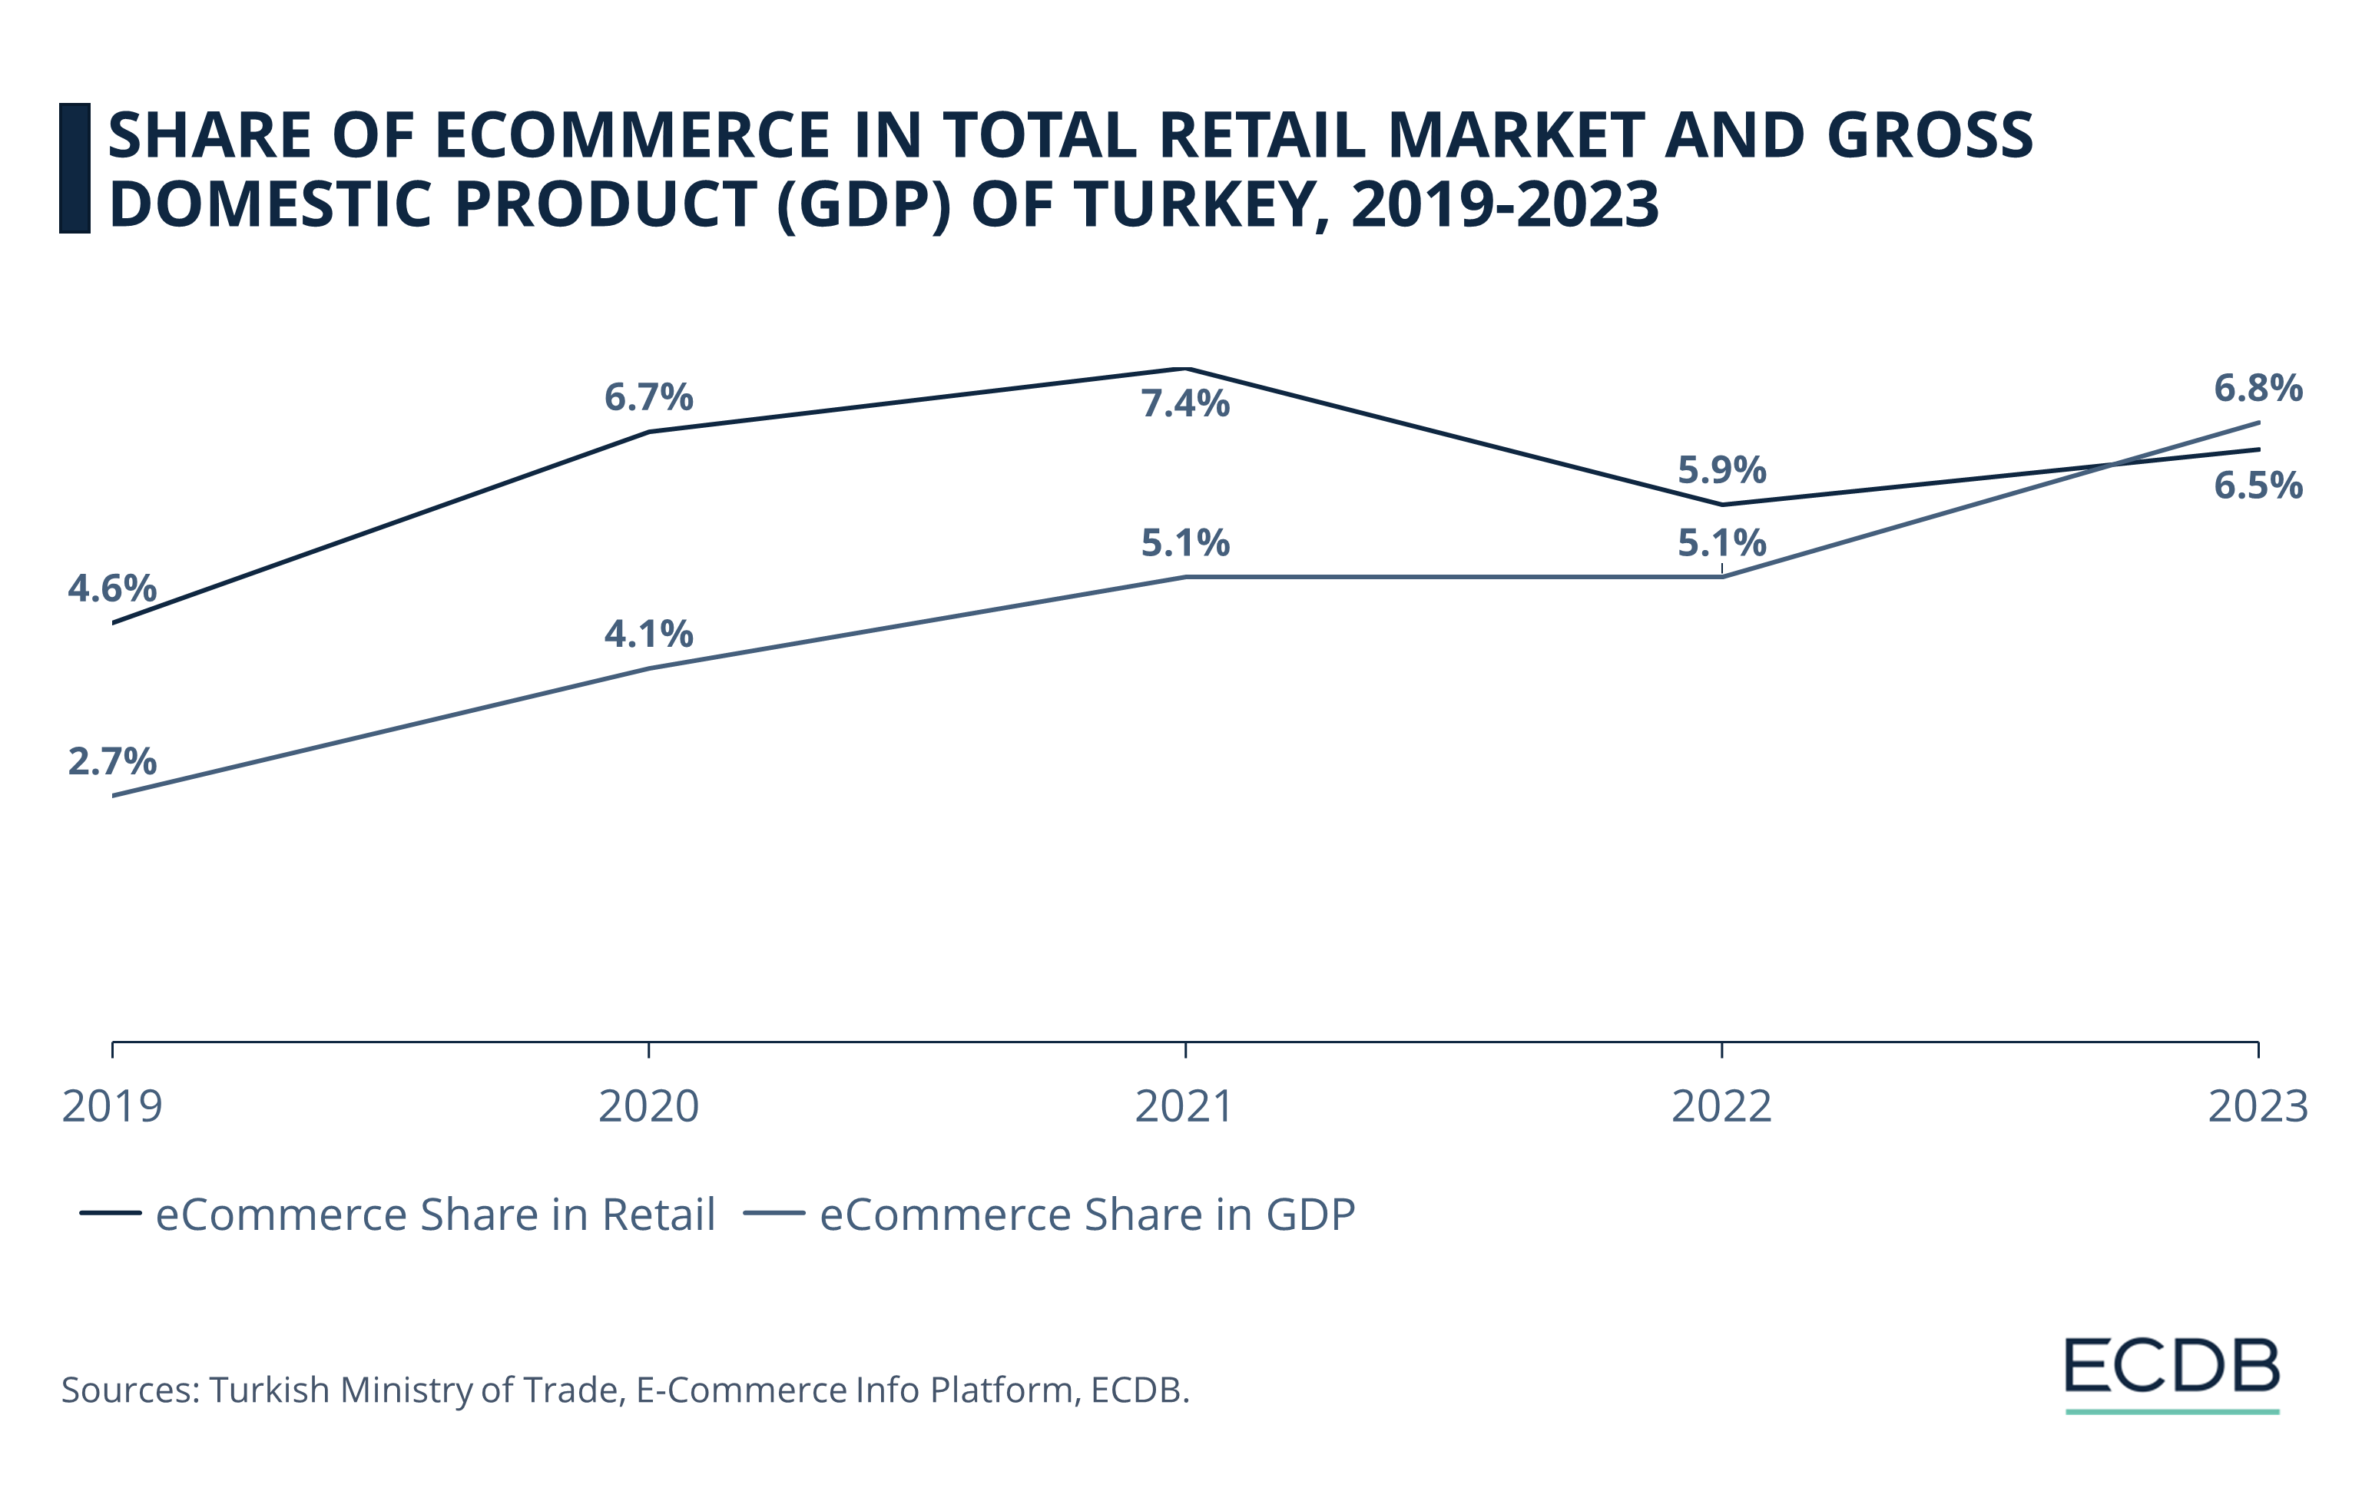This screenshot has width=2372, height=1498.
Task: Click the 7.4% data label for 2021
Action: tap(1185, 404)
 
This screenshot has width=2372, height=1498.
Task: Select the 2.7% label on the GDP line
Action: tap(111, 761)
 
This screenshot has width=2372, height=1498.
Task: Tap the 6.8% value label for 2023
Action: tap(2258, 388)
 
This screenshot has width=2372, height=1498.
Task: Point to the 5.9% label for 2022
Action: tap(1722, 470)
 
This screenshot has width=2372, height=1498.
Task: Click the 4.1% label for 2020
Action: tap(648, 633)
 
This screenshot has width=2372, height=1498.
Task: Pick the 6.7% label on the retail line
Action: tap(648, 397)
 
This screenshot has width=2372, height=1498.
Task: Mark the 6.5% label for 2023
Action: tap(2258, 486)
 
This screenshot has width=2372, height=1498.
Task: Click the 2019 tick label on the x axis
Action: tap(111, 1106)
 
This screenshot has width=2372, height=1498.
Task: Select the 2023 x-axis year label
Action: tap(2258, 1106)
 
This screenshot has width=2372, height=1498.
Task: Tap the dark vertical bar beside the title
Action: tap(75, 168)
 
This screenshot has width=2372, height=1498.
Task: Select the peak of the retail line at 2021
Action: tap(1186, 370)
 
